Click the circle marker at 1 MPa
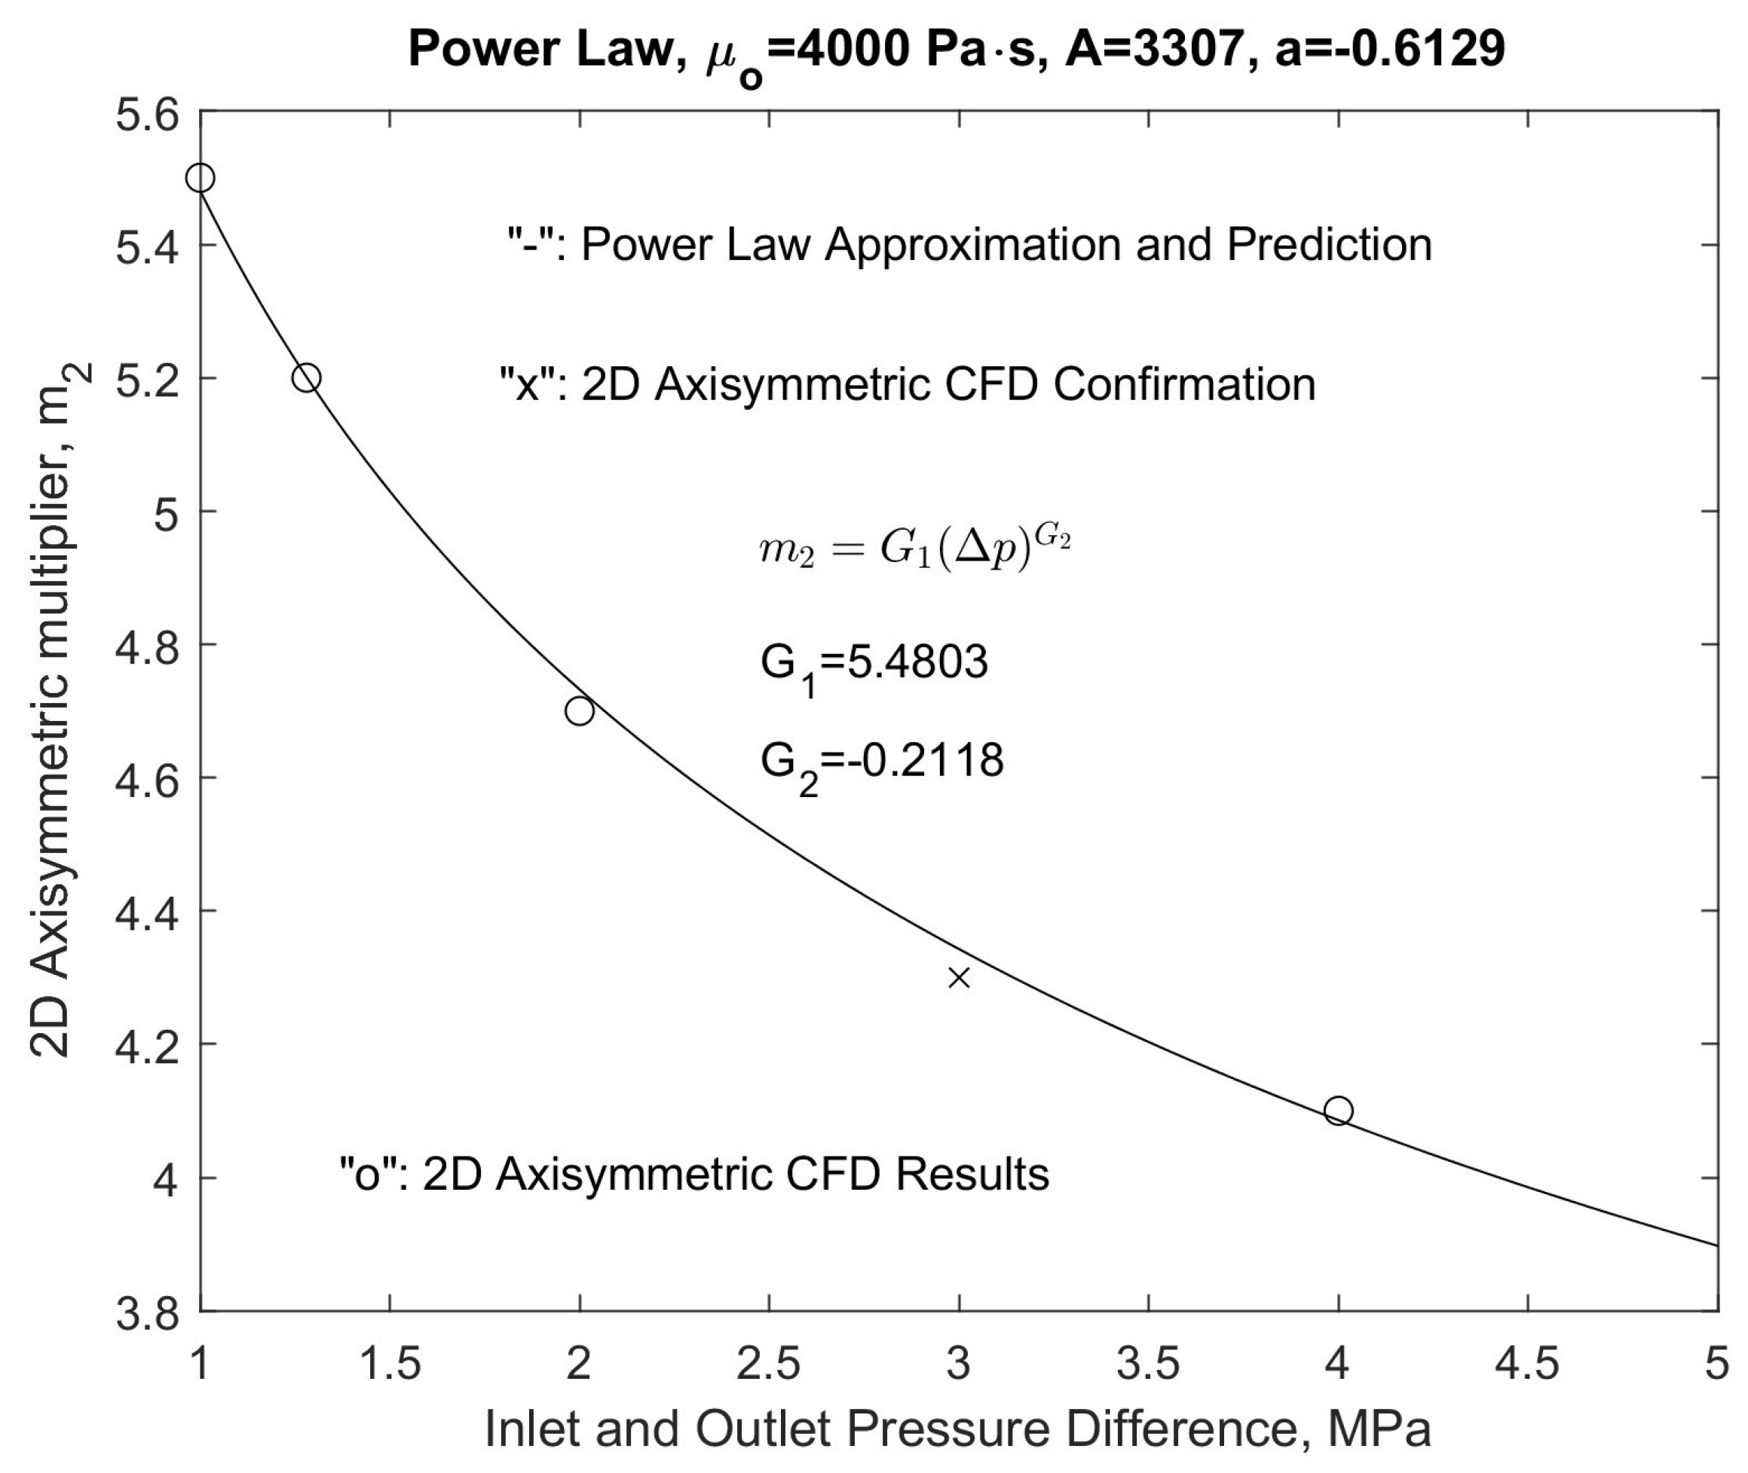pyautogui.click(x=201, y=178)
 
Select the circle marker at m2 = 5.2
pyautogui.click(x=307, y=377)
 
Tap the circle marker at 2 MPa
pyautogui.click(x=580, y=711)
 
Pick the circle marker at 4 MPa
pyautogui.click(x=1338, y=1111)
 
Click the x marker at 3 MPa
pyautogui.click(x=959, y=978)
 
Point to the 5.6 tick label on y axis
pyautogui.click(x=147, y=115)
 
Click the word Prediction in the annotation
pyautogui.click(x=1329, y=245)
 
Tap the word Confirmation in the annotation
pyautogui.click(x=1184, y=385)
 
